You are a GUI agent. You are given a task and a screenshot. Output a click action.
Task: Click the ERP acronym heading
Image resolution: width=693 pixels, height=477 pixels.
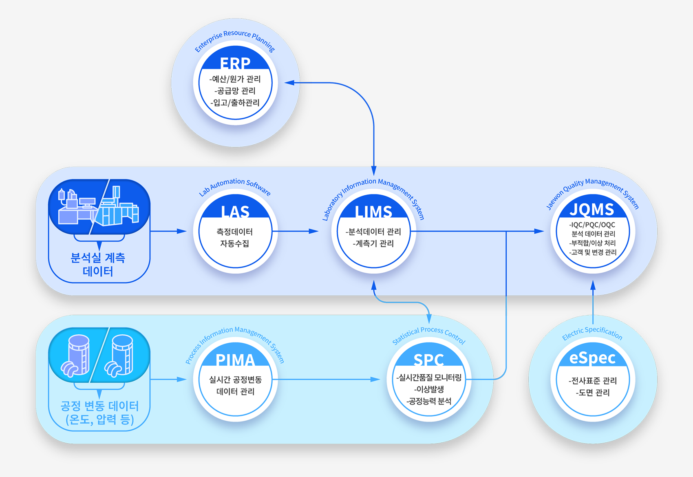pos(235,63)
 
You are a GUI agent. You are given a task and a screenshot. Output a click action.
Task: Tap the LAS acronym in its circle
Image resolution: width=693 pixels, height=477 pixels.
pos(235,212)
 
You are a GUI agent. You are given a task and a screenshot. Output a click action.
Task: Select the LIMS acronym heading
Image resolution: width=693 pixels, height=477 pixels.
pos(373,212)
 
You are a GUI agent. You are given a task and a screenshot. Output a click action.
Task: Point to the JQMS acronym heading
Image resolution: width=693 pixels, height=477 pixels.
pos(592,210)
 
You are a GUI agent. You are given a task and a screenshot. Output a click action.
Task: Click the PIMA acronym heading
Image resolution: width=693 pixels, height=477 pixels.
pos(235,360)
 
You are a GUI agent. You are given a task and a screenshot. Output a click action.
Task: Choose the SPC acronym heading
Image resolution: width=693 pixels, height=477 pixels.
pos(429,360)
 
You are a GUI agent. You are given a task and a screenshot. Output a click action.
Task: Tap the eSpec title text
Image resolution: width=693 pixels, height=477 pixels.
pos(592,358)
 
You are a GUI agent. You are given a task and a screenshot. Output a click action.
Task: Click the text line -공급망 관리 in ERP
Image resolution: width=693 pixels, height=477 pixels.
pos(235,91)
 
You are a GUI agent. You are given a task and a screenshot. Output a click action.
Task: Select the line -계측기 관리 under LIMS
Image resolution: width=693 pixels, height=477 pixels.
pos(373,243)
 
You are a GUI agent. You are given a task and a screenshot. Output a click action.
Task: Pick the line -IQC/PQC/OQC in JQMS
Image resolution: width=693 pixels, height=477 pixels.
pos(592,225)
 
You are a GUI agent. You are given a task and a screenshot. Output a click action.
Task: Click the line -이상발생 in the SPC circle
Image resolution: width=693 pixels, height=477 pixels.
pos(429,389)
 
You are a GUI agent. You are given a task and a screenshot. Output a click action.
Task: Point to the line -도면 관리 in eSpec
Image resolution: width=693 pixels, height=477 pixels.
pos(592,392)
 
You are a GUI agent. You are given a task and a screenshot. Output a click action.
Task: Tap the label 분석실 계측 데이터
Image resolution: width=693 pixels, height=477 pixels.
pos(98,265)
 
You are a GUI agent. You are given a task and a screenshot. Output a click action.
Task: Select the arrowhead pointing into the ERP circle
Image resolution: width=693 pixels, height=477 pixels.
pos(289,83)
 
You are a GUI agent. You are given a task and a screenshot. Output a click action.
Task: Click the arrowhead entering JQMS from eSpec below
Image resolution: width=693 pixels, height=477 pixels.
pos(593,285)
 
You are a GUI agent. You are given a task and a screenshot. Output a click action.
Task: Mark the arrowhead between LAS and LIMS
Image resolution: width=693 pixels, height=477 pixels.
pos(314,231)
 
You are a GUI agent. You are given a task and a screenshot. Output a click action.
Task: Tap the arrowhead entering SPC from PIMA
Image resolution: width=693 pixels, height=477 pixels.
pos(375,379)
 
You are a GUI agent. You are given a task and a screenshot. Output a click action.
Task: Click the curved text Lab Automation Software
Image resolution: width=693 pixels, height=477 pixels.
pos(234,187)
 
